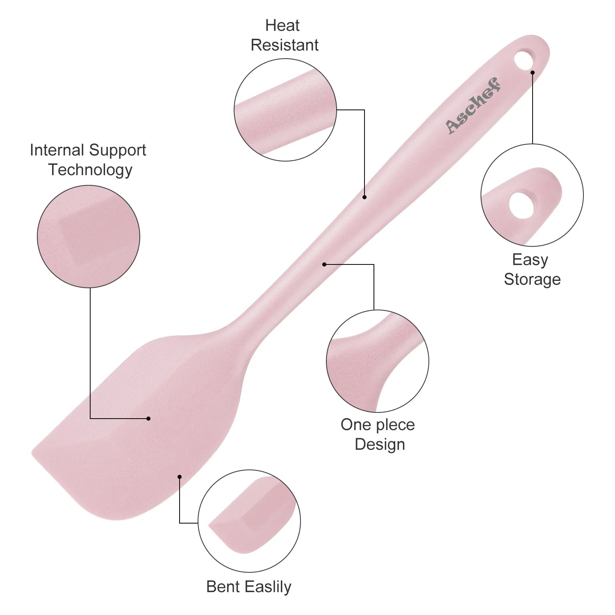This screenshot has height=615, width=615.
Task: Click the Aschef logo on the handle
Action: click(473, 105)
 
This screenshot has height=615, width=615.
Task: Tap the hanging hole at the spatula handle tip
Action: click(524, 59)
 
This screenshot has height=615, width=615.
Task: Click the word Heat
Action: click(282, 25)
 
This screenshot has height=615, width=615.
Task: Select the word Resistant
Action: click(285, 45)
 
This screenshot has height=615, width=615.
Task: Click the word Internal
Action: click(57, 150)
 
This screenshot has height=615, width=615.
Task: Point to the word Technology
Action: click(90, 170)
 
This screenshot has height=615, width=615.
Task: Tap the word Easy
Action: click(530, 260)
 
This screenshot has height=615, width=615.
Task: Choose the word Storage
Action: click(532, 279)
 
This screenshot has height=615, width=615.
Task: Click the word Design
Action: click(380, 444)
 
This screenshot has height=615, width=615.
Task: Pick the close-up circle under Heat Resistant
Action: click(285, 110)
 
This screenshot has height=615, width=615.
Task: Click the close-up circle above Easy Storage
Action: click(532, 195)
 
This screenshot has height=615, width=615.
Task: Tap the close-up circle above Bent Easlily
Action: click(249, 521)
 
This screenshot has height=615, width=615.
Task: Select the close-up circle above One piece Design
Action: click(378, 361)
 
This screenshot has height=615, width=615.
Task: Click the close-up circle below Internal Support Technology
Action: click(89, 237)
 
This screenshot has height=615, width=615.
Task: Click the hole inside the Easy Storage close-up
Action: click(522, 205)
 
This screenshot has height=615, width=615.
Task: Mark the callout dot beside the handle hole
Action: click(533, 73)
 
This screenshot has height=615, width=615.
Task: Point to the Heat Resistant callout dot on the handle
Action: click(364, 197)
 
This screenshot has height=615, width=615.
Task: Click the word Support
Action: click(117, 150)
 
